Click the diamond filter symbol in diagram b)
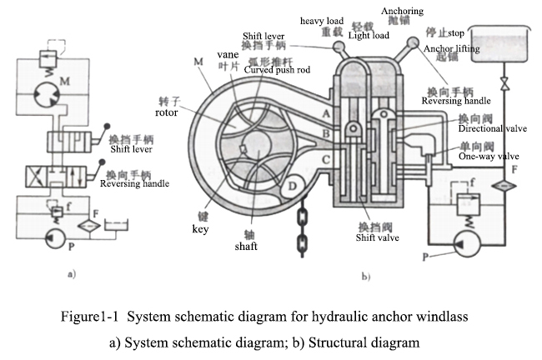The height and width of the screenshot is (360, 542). [501, 184]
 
